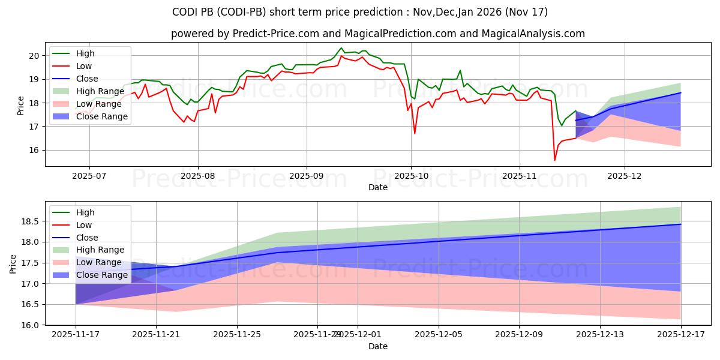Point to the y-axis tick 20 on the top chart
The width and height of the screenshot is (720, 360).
[x=34, y=56]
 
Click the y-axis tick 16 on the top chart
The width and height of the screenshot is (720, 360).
[x=34, y=151]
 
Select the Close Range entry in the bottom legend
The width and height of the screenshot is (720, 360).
[x=101, y=275]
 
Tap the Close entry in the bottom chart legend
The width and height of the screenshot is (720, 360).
[x=87, y=238]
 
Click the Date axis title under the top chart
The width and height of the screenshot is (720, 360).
[x=378, y=188]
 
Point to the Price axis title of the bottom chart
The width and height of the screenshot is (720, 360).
[x=13, y=263]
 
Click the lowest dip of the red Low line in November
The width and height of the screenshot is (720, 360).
[x=554, y=160]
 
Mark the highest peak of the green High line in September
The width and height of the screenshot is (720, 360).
[x=341, y=48]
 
